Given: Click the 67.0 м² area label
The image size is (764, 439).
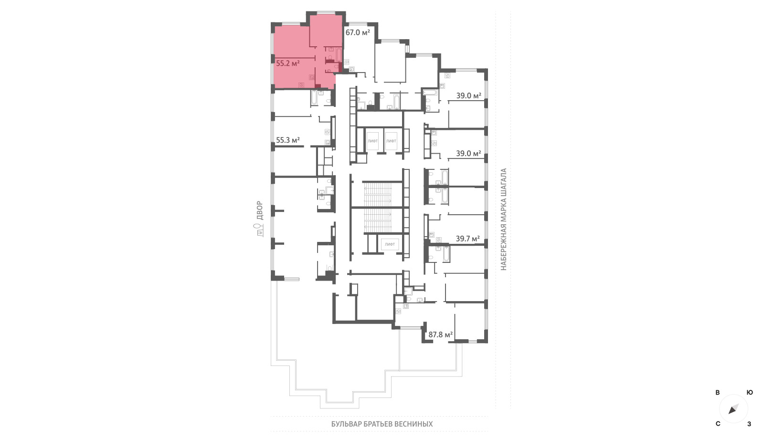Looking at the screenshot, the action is [358, 32].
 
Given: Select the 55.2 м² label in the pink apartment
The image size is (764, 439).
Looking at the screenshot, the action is [288, 63].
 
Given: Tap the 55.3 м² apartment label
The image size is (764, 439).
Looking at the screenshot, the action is [288, 140].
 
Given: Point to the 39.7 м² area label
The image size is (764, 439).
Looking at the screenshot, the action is [468, 239].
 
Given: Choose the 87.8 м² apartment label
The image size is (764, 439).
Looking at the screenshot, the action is [441, 334].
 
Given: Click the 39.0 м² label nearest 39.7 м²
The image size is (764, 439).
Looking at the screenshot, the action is [468, 153].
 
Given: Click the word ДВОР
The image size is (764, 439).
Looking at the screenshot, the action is [260, 210].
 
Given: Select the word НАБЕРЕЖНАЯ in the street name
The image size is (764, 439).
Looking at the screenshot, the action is [504, 249].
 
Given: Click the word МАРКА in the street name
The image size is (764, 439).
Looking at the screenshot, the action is [504, 212].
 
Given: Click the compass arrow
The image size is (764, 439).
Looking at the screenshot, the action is [733, 409].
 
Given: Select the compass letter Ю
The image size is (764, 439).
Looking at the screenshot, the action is [750, 393].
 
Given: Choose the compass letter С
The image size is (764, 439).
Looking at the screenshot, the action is [718, 424].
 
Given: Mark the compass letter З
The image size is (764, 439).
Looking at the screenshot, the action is [749, 424].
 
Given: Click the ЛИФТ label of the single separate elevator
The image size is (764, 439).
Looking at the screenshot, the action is [390, 244].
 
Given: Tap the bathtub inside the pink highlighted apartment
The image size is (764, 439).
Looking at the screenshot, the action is [339, 54].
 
